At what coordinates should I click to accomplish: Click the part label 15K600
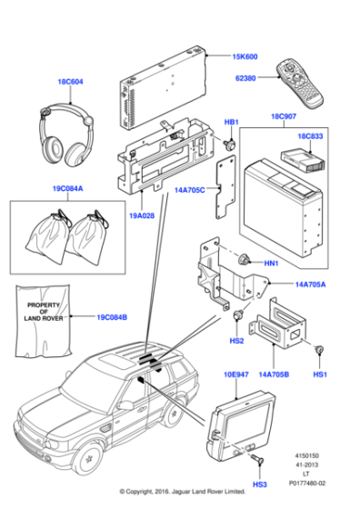coord(245,55)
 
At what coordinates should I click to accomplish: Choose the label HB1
coord(231,122)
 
